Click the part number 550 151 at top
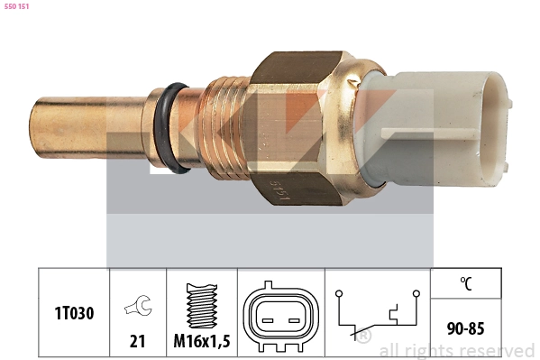(16, 6)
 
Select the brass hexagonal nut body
(297, 128)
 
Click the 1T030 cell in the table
(74, 313)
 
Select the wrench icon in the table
(139, 305)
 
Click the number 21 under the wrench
(137, 341)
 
